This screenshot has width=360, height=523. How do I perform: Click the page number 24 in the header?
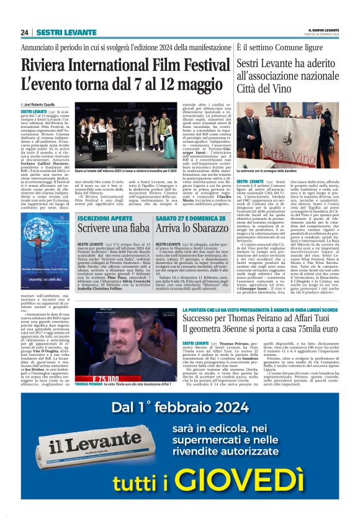tap(24, 32)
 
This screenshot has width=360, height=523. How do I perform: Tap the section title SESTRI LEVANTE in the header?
tap(58, 32)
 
